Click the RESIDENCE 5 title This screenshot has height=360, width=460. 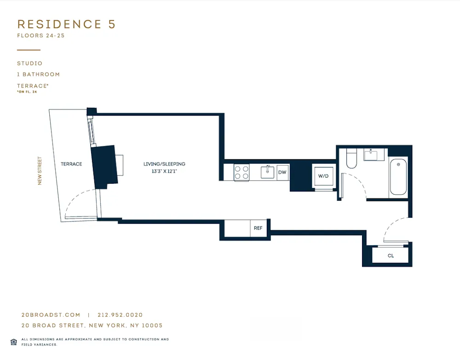[x=66, y=24]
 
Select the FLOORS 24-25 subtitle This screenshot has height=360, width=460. [x=41, y=36]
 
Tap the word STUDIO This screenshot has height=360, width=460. [x=30, y=64]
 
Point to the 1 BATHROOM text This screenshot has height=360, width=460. [x=39, y=75]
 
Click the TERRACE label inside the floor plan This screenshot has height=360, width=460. [x=71, y=164]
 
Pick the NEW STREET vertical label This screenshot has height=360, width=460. [x=40, y=171]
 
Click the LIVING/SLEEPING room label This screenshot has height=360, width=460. [x=164, y=164]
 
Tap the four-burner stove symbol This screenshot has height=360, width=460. [x=241, y=172]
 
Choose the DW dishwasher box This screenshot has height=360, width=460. [x=282, y=173]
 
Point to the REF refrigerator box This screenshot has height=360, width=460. [x=258, y=228]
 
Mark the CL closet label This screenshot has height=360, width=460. [x=391, y=256]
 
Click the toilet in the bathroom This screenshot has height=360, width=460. [x=351, y=159]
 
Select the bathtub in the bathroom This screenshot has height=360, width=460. [x=398, y=177]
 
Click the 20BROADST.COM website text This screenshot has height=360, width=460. [x=51, y=315]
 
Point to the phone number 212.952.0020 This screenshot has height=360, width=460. [x=120, y=315]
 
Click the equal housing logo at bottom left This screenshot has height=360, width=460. [x=13, y=342]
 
